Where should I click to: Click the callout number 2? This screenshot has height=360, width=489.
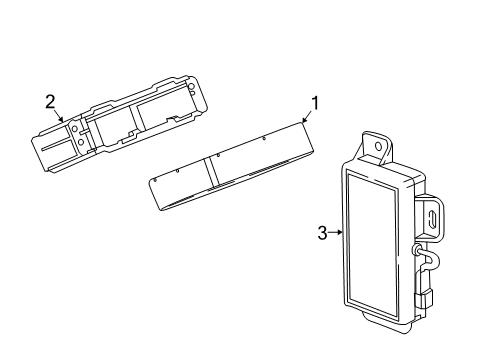(x=50, y=100)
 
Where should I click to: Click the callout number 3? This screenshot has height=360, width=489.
(x=322, y=233)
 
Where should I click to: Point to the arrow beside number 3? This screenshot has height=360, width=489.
(x=337, y=233)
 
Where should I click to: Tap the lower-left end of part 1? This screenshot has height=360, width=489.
(x=158, y=190)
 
